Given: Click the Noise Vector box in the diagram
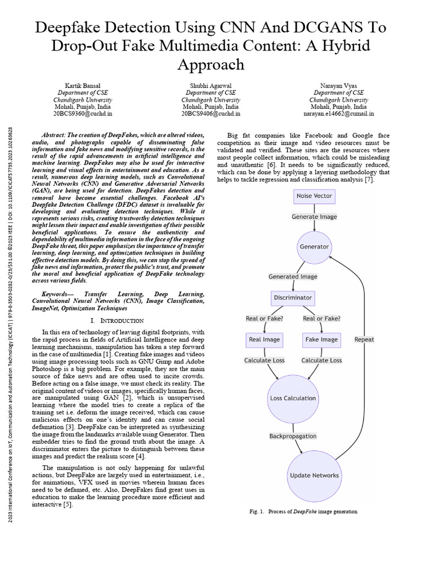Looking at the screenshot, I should (x=314, y=196).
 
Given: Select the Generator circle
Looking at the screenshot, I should (x=314, y=247).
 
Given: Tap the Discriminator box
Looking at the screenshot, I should (x=293, y=298).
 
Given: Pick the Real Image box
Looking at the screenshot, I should (x=264, y=339).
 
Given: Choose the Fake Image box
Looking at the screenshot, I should (x=321, y=339).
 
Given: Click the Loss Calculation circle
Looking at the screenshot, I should (x=293, y=398).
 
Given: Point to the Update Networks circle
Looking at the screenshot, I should (x=314, y=475).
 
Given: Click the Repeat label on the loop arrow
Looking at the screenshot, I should (x=364, y=339).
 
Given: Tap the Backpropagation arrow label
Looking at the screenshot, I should (x=293, y=436).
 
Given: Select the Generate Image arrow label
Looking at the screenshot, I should (x=314, y=217).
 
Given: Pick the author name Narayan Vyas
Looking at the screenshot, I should (x=338, y=86).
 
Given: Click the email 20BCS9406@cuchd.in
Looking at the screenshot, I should (x=210, y=114).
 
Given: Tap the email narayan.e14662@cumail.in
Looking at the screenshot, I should (x=338, y=114).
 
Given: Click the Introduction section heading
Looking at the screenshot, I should (x=117, y=320).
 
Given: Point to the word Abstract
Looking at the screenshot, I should (x=53, y=135).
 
